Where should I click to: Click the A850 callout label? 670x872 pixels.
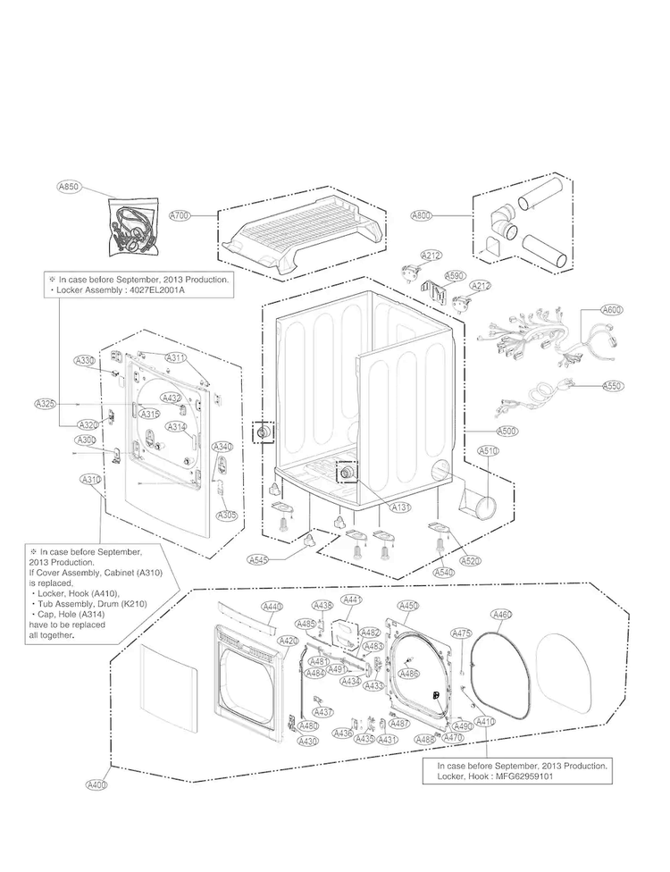click(68, 188)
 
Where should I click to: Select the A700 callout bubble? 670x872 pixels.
click(180, 216)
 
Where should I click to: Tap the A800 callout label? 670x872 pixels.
click(421, 215)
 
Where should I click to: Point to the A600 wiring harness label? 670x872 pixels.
click(611, 310)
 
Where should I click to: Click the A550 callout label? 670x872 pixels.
click(612, 386)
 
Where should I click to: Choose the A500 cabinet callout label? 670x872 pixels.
click(507, 431)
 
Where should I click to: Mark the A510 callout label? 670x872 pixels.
click(488, 451)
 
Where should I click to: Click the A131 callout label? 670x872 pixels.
click(401, 507)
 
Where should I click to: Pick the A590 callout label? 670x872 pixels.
click(455, 276)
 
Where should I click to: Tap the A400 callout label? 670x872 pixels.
click(96, 784)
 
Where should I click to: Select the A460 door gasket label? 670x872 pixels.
click(502, 615)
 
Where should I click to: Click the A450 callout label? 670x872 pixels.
click(407, 606)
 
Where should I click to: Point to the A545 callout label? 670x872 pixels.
click(258, 559)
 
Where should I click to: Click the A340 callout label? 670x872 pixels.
click(222, 447)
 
